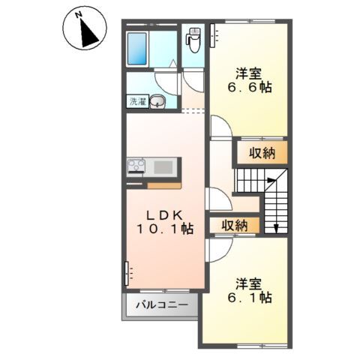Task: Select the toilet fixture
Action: coord(193,39)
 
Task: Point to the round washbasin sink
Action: coord(158,103)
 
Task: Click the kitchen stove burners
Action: coord(136,166)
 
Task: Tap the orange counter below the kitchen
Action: coord(164,184)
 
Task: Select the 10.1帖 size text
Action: coord(164,229)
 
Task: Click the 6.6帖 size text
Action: coord(248,88)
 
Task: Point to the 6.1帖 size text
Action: coord(248,298)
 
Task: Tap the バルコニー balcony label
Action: coord(161,305)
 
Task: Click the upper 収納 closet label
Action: coord(258,154)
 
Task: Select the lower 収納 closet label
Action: coord(235,225)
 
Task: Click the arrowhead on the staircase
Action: coord(275,229)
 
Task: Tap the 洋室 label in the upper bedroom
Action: coord(248,73)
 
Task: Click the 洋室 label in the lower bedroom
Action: coord(248,283)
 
